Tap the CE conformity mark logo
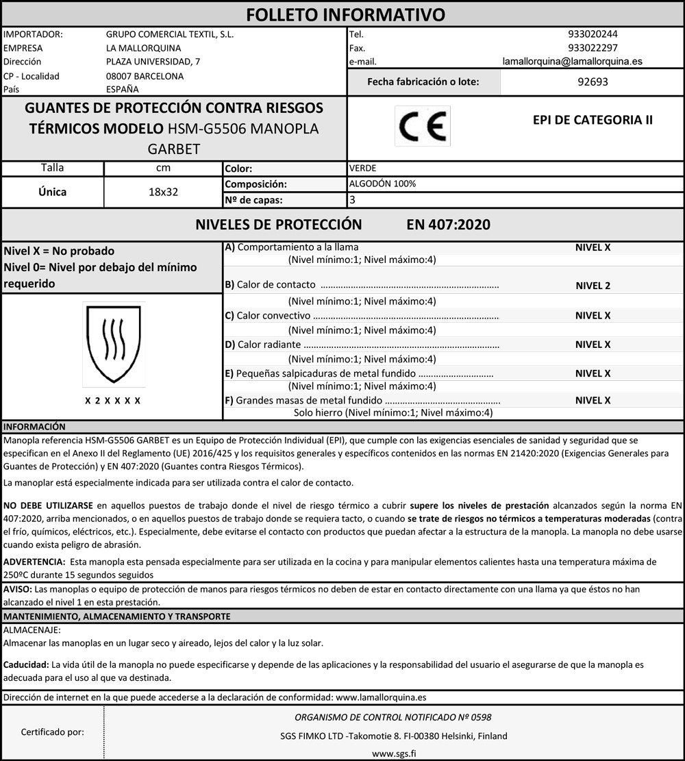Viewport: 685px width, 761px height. click(x=423, y=126)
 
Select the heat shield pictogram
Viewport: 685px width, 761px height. click(x=113, y=345)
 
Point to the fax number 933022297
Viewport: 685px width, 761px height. click(x=593, y=48)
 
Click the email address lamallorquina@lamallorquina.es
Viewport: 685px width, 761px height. click(x=572, y=61)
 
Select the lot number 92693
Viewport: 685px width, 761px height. click(x=593, y=82)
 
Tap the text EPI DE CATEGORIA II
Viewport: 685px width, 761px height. click(x=593, y=120)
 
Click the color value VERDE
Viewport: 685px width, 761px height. click(x=362, y=169)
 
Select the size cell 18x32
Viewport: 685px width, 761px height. click(x=163, y=192)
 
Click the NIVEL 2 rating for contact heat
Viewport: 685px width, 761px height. click(x=593, y=286)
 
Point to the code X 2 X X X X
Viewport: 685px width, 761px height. click(x=113, y=400)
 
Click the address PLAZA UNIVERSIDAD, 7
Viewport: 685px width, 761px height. click(x=153, y=62)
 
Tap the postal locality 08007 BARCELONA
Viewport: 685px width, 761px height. click(x=145, y=76)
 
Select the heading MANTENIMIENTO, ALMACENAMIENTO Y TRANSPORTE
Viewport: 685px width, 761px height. click(x=116, y=616)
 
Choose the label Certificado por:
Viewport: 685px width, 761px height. click(x=53, y=732)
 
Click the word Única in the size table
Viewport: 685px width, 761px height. click(x=53, y=192)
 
